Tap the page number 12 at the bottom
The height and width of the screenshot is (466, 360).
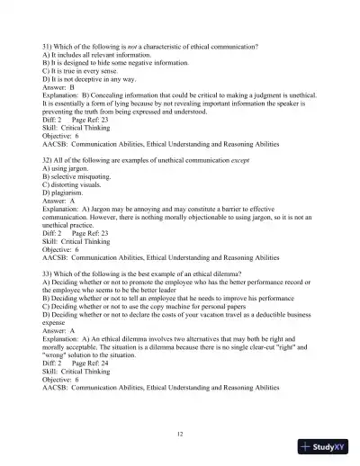click(x=180, y=435)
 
